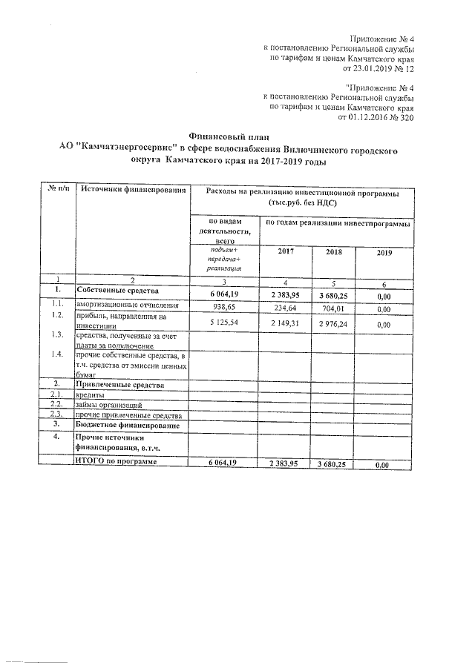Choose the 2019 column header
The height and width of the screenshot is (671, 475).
tap(384, 253)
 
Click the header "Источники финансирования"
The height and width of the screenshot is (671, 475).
tap(132, 192)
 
